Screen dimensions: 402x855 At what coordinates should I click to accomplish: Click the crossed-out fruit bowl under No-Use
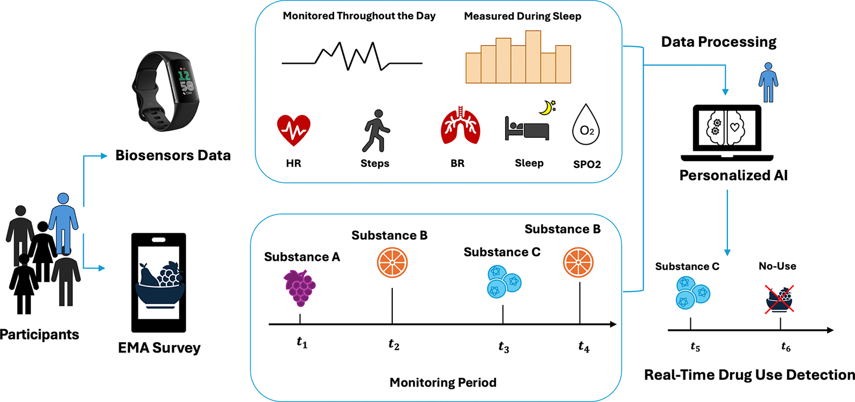780,300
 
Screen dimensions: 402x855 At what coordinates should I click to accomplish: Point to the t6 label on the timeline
781,346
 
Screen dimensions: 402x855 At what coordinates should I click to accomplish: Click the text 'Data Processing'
718,42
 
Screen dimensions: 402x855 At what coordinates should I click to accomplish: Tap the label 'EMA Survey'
159,347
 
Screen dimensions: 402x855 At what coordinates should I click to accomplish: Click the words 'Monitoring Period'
443,382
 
